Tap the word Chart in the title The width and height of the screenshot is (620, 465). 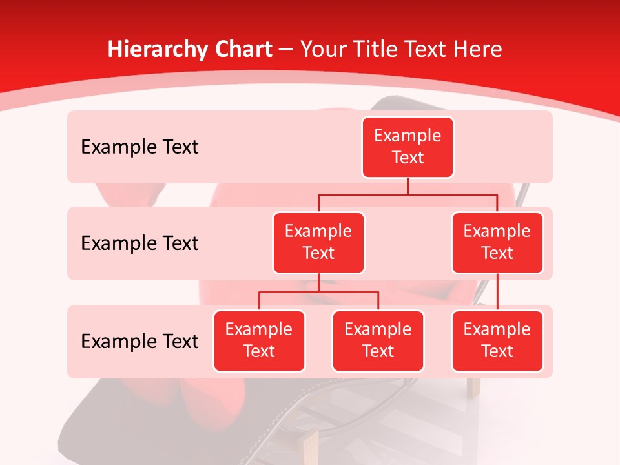coord(241,49)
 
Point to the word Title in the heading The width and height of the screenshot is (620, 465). coord(378,49)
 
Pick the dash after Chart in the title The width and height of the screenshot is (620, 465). coord(287,50)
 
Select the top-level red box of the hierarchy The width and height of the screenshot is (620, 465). coord(408,147)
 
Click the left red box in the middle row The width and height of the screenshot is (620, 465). coord(318,242)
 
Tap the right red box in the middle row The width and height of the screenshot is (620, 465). coord(497,242)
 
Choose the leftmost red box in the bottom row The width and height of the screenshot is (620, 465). coord(259,340)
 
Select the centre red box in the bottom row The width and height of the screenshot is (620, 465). coord(378,340)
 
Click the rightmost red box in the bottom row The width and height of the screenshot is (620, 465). coord(497,340)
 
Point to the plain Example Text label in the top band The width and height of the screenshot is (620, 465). coord(139,147)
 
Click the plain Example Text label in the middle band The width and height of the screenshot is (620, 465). coord(139,243)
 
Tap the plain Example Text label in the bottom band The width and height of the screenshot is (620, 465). coord(139,341)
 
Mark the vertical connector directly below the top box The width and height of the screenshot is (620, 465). coord(408,186)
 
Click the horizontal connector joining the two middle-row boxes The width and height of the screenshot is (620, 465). coord(408,194)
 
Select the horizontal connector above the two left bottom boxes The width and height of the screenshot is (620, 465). coord(318,292)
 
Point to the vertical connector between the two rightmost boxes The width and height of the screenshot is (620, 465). coord(497,292)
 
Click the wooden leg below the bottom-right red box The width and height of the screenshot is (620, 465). coord(473,387)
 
